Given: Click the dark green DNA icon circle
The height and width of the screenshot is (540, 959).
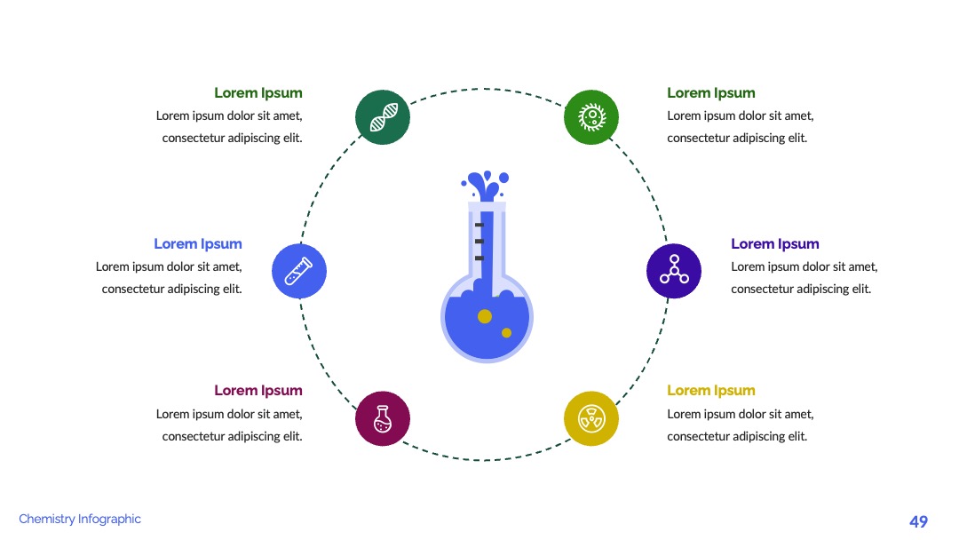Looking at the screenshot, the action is [383, 117].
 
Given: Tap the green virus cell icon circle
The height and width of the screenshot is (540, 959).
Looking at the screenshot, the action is [591, 117].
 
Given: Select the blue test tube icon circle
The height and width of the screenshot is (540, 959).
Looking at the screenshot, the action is [299, 271].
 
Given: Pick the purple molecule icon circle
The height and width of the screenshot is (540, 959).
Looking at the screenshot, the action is [674, 271].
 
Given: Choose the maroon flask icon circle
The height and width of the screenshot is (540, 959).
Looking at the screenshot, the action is [383, 419].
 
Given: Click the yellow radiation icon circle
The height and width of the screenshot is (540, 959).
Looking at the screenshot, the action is [591, 419].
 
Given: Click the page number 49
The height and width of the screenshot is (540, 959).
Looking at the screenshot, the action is [919, 521].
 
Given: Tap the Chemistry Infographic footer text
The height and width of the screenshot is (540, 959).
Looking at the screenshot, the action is [80, 520].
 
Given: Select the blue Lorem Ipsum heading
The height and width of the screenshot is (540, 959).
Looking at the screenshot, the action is [197, 244].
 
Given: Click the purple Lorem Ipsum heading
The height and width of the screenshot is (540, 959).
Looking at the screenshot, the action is [775, 244].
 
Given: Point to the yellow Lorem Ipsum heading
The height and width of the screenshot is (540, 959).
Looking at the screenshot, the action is [710, 391].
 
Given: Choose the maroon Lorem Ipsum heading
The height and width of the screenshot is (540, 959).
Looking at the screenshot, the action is [258, 391].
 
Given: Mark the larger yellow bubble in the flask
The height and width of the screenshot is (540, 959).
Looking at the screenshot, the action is [485, 316].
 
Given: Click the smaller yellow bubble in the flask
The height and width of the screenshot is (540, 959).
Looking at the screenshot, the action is [506, 333].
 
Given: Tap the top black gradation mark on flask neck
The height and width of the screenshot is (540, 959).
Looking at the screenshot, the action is [479, 225].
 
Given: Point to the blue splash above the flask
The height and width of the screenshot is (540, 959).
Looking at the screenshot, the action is [486, 186].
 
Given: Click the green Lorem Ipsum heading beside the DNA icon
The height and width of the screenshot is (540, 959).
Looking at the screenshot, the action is [258, 93].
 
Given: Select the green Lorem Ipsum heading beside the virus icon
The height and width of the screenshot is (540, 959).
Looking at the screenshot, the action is [710, 93].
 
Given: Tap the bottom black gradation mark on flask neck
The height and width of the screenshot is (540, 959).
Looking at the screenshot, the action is [479, 258].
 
